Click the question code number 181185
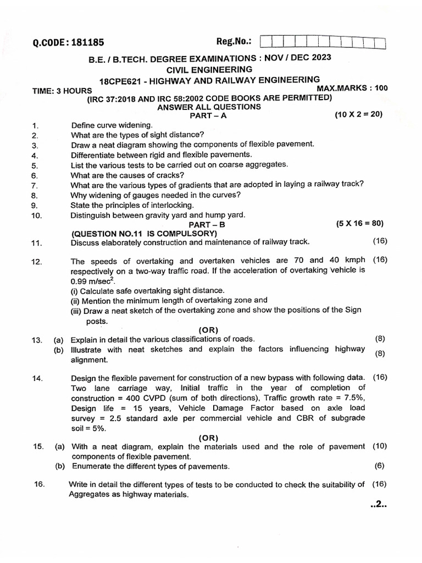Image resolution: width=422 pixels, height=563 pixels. click(x=85, y=42)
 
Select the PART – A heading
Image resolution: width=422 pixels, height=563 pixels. click(x=208, y=116)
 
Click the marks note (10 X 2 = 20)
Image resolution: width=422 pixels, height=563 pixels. click(x=358, y=114)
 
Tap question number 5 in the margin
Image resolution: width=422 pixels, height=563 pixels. click(x=34, y=165)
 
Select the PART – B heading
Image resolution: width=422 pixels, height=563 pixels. click(x=207, y=225)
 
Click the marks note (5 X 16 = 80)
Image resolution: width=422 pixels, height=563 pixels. click(x=359, y=223)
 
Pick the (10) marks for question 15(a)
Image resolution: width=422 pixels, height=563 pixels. click(x=380, y=446)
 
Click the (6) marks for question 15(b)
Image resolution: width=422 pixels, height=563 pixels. click(x=380, y=466)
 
